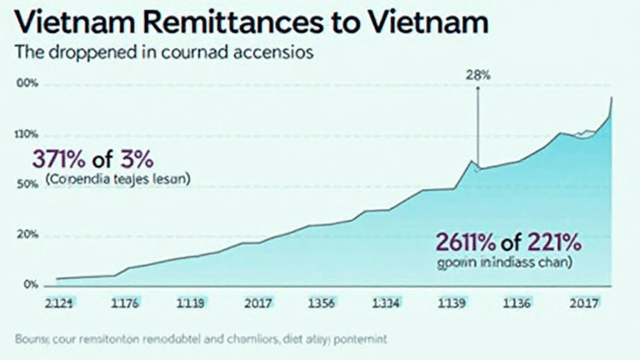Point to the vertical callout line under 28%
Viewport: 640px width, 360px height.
(x=477, y=125)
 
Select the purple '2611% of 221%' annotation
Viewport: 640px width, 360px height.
(x=507, y=242)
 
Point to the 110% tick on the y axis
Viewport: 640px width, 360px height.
(x=27, y=135)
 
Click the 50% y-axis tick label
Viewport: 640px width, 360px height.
(x=27, y=184)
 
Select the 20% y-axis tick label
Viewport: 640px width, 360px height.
(x=27, y=235)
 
